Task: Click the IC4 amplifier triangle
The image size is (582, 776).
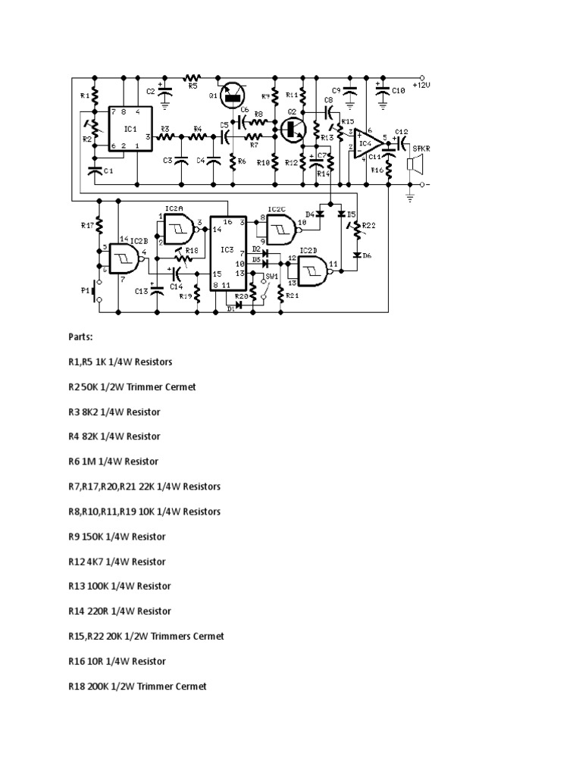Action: point(366,143)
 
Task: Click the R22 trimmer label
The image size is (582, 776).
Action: point(368,225)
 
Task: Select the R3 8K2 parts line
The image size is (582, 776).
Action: point(114,411)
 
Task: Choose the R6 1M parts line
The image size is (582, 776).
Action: point(113,461)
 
